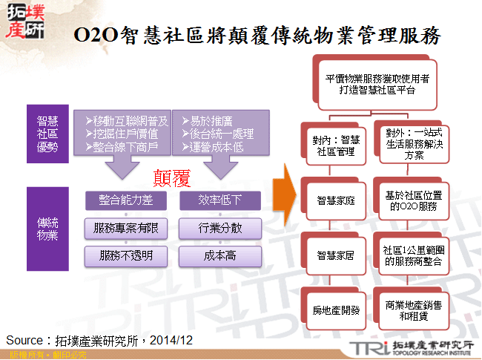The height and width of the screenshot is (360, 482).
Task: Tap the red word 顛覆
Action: point(171,177)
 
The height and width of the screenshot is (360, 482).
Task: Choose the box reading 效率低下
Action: point(220,200)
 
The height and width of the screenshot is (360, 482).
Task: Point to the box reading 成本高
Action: point(220,256)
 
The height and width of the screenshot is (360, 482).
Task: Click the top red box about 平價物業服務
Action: point(371,83)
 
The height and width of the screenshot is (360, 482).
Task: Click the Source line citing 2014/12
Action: point(99,340)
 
